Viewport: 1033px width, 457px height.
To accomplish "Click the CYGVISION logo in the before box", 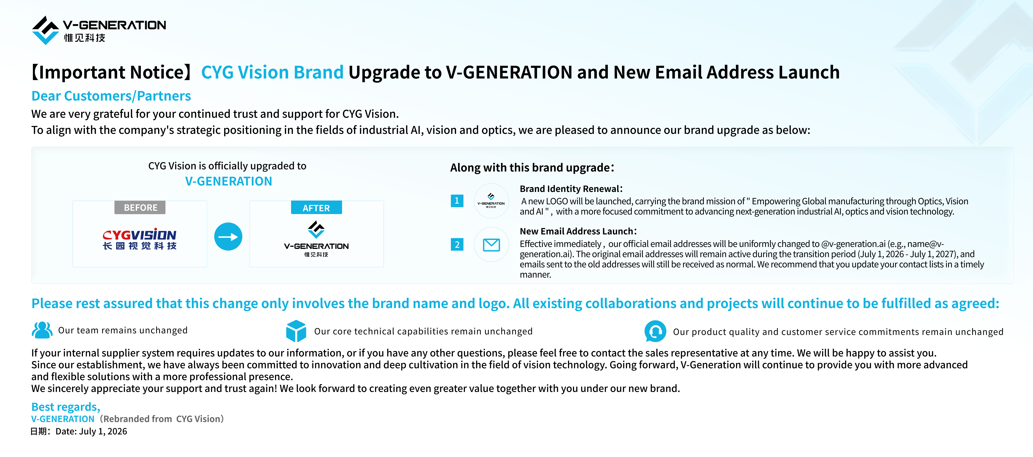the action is tap(140, 240).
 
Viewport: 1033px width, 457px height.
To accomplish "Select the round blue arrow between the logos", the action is tap(228, 237).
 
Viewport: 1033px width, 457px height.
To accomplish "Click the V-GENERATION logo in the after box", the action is tap(316, 239).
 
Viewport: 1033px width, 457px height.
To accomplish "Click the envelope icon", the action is tap(491, 244).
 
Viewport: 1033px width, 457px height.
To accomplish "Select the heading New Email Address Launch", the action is tap(578, 231).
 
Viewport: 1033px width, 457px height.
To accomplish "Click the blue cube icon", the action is tap(296, 331).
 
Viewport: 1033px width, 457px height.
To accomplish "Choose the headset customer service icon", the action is tap(655, 331).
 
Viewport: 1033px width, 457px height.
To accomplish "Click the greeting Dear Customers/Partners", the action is tap(111, 96).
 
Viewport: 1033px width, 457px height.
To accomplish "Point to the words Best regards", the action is tap(66, 407).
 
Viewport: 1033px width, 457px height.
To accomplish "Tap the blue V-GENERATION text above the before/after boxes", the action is tap(229, 181).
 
